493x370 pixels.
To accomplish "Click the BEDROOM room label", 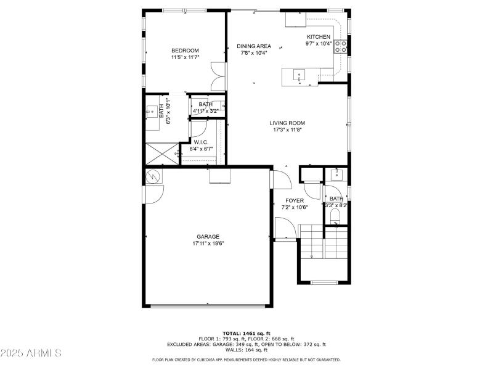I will [185, 51].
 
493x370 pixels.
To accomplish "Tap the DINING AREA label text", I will [254, 46].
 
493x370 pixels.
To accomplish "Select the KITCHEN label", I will [319, 37].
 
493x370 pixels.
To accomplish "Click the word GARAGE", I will [208, 237].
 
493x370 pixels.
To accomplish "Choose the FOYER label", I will [294, 201].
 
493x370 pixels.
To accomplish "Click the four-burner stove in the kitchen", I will [341, 47].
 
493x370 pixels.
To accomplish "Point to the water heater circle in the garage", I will [153, 177].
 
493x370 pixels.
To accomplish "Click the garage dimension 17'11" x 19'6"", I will [208, 244].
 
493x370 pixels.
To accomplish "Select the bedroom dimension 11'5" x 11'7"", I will [185, 57].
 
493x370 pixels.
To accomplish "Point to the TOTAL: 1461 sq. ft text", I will [246, 333].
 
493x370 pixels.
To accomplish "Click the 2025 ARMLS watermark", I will [31, 353].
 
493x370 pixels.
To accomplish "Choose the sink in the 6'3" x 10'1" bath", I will [152, 113].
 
